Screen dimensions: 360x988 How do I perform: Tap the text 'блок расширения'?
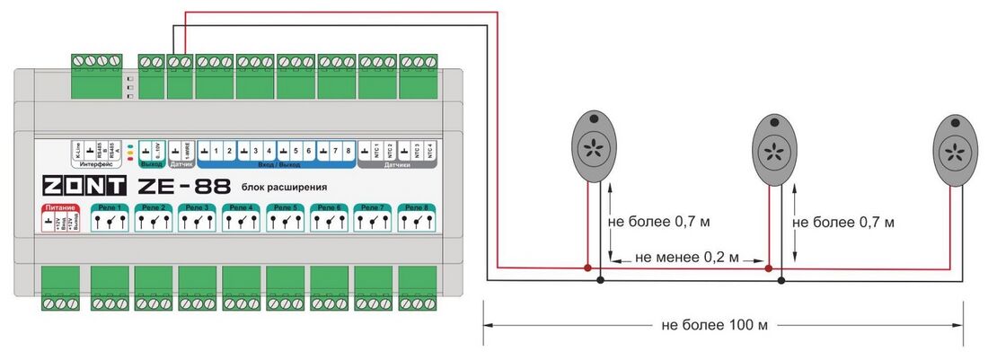pyautogui.click(x=284, y=188)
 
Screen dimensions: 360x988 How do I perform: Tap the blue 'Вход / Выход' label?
pyautogui.click(x=275, y=164)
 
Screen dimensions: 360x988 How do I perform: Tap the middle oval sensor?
pyautogui.click(x=772, y=148)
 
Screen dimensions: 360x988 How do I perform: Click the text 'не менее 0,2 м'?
pyautogui.click(x=687, y=258)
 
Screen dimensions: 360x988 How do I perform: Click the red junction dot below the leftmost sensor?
pyautogui.click(x=587, y=268)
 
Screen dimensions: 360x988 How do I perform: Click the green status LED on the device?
pyautogui.click(x=132, y=145)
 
